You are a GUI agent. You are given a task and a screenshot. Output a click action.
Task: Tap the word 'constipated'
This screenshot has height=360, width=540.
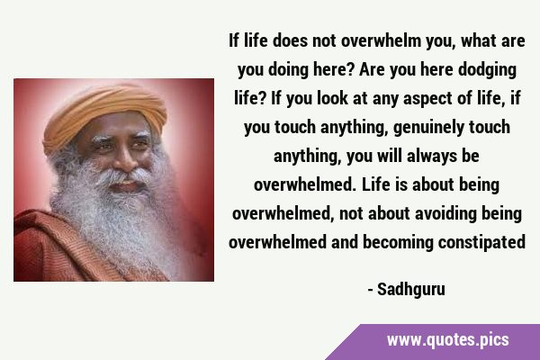tap(481, 241)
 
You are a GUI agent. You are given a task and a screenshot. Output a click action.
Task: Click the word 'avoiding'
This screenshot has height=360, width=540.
tap(446, 213)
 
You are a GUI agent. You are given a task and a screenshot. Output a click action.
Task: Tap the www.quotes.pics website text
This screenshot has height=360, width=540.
tap(447, 340)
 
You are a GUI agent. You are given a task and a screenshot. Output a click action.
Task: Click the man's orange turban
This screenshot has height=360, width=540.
tap(104, 114)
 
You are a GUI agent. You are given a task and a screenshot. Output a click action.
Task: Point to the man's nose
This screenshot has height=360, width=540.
tap(125, 162)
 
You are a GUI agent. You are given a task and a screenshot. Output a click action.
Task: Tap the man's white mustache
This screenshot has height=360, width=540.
tap(125, 175)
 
